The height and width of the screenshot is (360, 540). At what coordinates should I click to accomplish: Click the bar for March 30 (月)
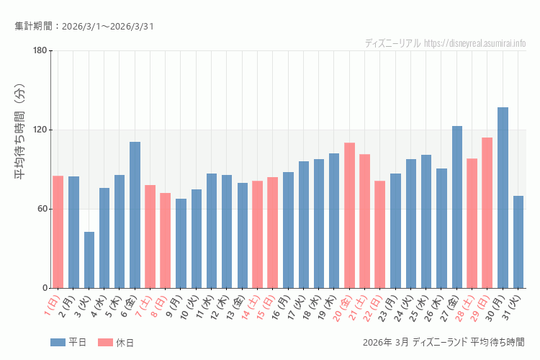[503, 198]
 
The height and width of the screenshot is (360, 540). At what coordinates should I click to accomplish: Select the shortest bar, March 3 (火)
[89, 260]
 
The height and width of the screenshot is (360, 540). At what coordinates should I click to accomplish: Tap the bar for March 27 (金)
[457, 207]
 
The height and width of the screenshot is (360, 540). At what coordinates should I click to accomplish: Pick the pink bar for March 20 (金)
[350, 215]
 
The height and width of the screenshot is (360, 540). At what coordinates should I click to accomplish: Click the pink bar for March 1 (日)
[58, 232]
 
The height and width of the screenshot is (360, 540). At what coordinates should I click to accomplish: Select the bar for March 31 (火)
[518, 242]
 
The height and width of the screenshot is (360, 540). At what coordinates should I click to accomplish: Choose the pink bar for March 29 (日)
[487, 212]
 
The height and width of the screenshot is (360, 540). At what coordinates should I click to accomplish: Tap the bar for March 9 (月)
[181, 243]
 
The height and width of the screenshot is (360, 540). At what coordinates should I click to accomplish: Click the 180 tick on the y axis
[40, 50]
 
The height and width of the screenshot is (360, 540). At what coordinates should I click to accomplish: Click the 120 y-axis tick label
[40, 130]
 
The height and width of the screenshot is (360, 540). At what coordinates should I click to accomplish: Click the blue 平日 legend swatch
[58, 342]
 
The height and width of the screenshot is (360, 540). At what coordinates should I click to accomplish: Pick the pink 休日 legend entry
[115, 342]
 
